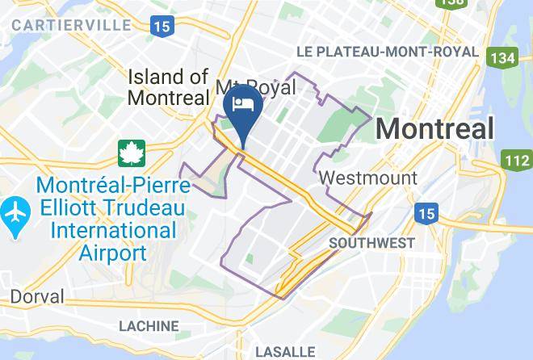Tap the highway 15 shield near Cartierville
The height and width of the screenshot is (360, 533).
(162, 26)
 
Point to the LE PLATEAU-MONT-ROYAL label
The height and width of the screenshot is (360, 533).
(387, 52)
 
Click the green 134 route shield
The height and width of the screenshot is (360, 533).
(502, 57)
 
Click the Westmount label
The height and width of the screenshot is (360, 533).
(368, 178)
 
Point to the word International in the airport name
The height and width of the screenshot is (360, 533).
(112, 230)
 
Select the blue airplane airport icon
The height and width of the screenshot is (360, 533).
(15, 216)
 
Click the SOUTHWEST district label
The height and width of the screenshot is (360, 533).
(371, 242)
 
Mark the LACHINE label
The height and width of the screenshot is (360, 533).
(149, 326)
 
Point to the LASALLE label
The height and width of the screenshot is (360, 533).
(284, 352)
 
